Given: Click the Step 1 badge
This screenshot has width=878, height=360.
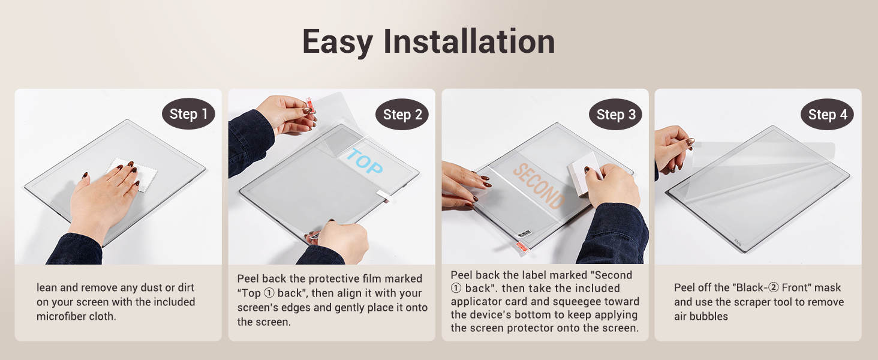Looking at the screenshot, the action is [x=188, y=114].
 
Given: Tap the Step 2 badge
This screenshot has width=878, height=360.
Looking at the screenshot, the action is [x=402, y=114].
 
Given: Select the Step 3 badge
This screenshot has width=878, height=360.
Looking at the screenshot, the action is [x=616, y=114].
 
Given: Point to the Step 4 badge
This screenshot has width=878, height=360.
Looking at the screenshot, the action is [x=828, y=114].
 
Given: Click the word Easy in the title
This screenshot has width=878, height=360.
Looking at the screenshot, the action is [x=338, y=43].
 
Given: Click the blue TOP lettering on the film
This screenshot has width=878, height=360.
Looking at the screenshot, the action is [x=365, y=161].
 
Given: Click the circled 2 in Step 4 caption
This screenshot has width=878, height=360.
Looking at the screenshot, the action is [x=773, y=287].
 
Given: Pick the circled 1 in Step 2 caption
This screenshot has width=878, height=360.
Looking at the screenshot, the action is [x=269, y=293].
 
